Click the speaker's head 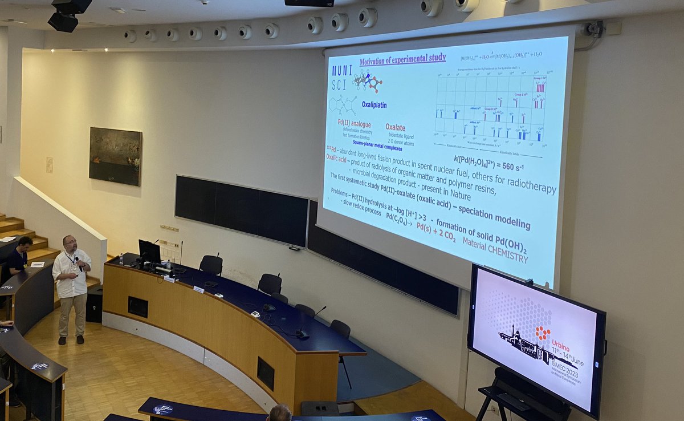pos(70,242)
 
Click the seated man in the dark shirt pos(19,255)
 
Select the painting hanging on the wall pos(115,156)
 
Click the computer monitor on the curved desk pos(149,251)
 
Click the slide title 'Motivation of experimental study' pos(402,60)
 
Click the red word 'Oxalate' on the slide pos(396,127)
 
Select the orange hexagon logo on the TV pos(542,333)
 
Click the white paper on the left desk pos(37,264)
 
